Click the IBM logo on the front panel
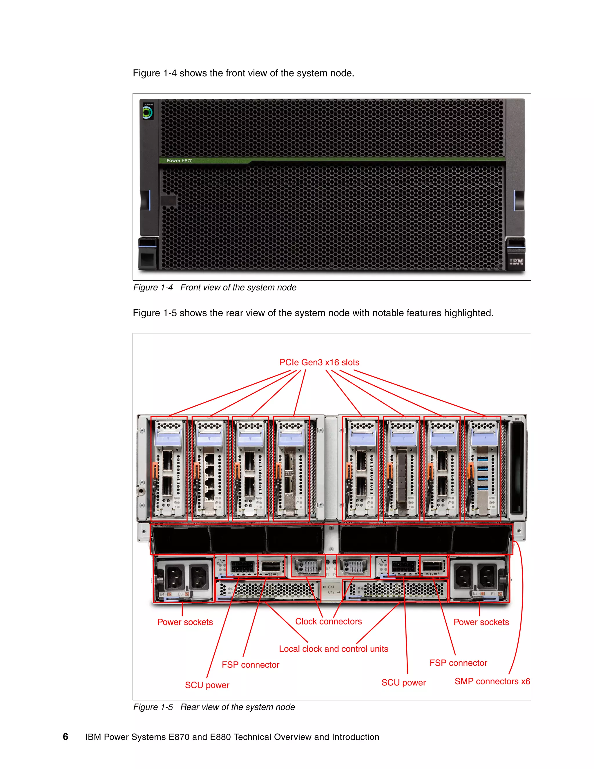click(x=516, y=262)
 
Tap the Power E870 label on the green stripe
click(x=180, y=160)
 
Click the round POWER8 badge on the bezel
click(x=147, y=113)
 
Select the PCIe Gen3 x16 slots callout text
click(x=319, y=362)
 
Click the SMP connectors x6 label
click(x=492, y=681)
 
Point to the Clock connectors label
click(x=328, y=621)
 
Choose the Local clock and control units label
click(x=333, y=649)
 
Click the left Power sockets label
click(x=185, y=622)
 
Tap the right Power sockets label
click(x=481, y=622)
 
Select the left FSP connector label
click(x=250, y=665)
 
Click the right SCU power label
click(x=403, y=683)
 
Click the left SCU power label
click(x=207, y=685)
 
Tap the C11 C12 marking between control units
click(x=331, y=589)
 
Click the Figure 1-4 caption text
click(x=215, y=287)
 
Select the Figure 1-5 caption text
click(x=214, y=707)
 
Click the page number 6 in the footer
click(x=66, y=736)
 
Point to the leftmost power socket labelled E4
click(x=175, y=577)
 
